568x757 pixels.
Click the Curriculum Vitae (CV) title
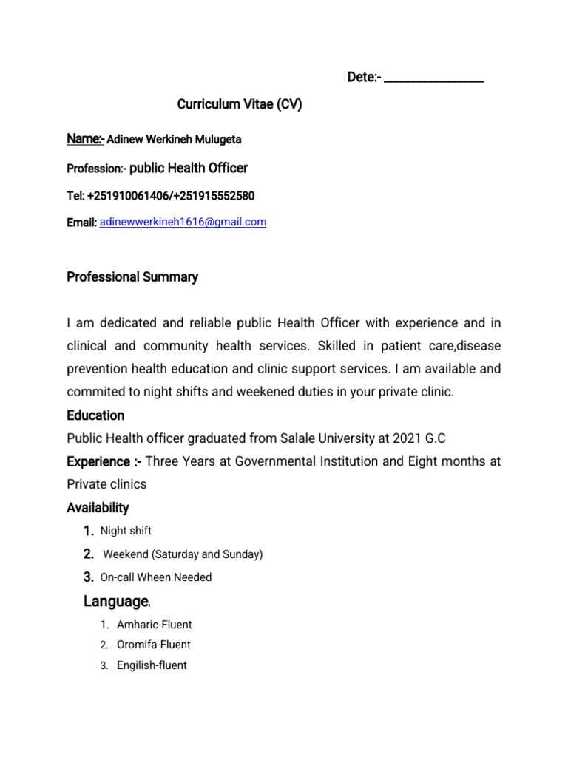tap(240, 105)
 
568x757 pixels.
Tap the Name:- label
tap(86, 139)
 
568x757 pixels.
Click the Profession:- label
tap(96, 169)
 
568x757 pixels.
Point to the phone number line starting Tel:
tap(160, 196)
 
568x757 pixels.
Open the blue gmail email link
tap(183, 222)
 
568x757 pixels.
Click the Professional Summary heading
tap(132, 277)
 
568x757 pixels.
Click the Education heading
tap(95, 415)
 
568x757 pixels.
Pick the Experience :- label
tap(104, 462)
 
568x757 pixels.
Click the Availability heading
tap(98, 508)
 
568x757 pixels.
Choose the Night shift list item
tap(126, 531)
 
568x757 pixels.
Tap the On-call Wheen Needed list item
tap(156, 577)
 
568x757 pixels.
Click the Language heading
tap(116, 602)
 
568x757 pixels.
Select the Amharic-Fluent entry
tap(154, 625)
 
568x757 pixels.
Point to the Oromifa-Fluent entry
tap(154, 645)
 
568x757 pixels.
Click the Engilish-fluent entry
tap(152, 665)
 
